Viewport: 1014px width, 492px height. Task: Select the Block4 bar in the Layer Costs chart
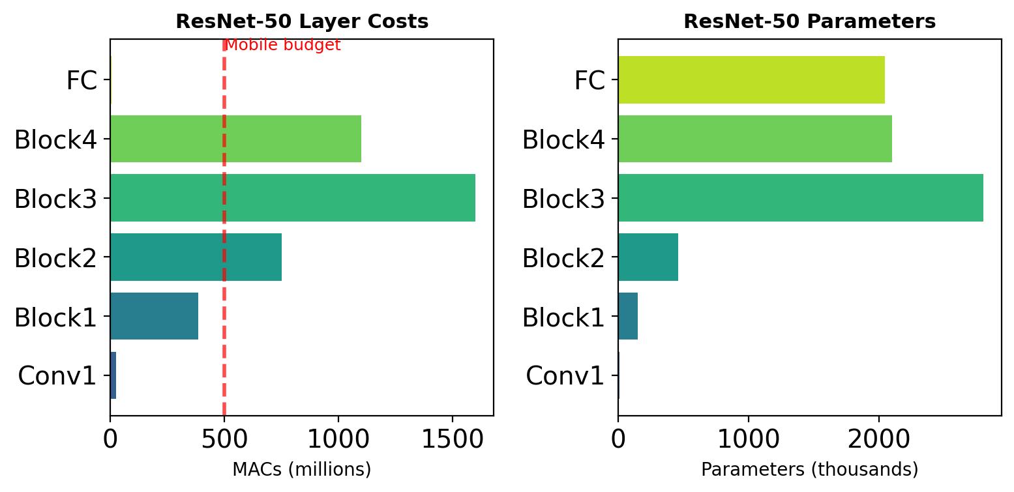click(235, 139)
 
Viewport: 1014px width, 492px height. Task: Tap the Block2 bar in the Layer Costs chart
click(196, 257)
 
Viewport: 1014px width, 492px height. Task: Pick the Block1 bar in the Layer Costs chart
click(154, 316)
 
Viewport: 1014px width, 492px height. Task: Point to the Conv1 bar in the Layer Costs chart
click(113, 375)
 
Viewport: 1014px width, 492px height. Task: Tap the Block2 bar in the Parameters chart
click(648, 257)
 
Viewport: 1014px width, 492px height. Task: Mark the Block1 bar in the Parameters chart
click(628, 316)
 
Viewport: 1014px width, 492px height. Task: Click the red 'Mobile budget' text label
click(282, 46)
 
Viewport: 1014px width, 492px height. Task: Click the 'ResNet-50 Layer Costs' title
click(302, 22)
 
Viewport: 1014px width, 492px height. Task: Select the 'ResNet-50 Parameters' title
click(809, 22)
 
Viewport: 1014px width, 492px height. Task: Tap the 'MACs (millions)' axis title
click(301, 469)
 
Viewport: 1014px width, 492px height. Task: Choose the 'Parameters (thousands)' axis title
click(809, 469)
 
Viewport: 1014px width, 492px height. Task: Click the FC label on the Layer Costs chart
click(82, 81)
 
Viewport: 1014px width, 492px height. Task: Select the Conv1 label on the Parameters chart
click(565, 376)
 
